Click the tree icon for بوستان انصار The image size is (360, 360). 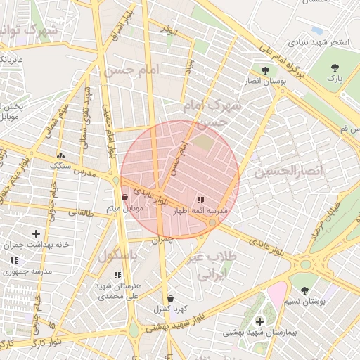click(265, 70)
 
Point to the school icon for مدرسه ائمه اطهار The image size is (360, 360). click(202, 200)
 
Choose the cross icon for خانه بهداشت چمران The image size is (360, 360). click(36, 233)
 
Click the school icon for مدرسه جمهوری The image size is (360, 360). click(14, 260)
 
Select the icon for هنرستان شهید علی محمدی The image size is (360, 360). click(117, 275)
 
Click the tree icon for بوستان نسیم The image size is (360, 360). click(304, 290)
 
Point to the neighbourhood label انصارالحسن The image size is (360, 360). click(288, 172)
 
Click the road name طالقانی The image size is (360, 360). click(79, 212)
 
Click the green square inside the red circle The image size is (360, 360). click(203, 141)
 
